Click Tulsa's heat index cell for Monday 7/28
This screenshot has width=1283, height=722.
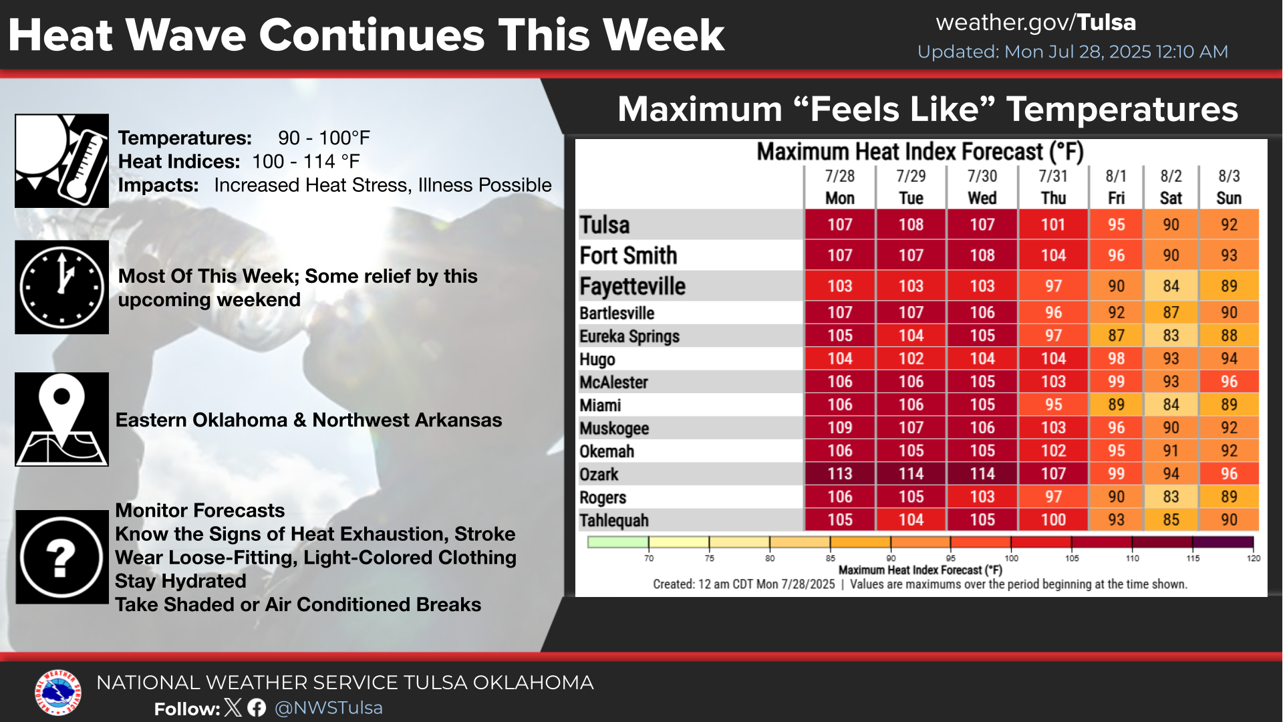[x=839, y=225]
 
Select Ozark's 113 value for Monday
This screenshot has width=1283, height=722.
[x=839, y=474]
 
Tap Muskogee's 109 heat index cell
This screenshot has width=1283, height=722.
[x=839, y=428]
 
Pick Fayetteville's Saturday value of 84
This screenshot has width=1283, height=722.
[x=1171, y=286]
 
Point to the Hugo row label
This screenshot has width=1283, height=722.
[x=597, y=360]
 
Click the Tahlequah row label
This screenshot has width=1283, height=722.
[x=615, y=521]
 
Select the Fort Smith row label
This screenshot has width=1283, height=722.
[x=628, y=255]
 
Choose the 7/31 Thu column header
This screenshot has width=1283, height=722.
[x=1053, y=187]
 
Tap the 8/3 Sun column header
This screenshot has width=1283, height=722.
[x=1229, y=187]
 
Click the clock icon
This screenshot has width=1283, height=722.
[x=61, y=287]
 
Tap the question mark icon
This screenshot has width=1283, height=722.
[x=61, y=557]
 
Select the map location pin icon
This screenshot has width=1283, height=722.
[x=61, y=419]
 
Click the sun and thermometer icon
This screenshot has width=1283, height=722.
[x=61, y=160]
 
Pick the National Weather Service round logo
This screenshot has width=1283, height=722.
[x=58, y=693]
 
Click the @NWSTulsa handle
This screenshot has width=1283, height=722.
[x=328, y=708]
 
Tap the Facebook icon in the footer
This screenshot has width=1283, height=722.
[x=257, y=707]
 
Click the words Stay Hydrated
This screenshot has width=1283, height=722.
[x=180, y=581]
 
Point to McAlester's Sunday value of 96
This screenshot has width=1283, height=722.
[x=1229, y=382]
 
